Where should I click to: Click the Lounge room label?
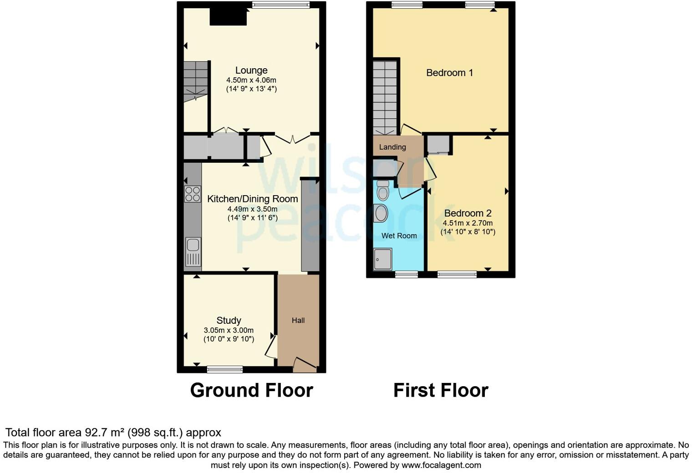(x=251, y=70)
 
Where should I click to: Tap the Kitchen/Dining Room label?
(x=252, y=199)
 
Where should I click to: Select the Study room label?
(x=229, y=320)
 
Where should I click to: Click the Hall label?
(x=298, y=320)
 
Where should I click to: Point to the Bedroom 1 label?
(x=449, y=73)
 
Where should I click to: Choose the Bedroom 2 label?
(x=468, y=213)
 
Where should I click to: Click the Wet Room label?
(x=399, y=236)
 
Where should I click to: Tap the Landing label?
(x=392, y=147)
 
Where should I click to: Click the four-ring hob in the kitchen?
(x=193, y=194)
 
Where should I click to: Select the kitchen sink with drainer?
(x=193, y=252)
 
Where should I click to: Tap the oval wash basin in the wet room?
(x=381, y=213)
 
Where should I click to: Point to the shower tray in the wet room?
(x=382, y=259)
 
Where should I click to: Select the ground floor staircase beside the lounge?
(x=195, y=82)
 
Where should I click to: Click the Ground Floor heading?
(x=251, y=390)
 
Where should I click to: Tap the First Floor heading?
(x=440, y=390)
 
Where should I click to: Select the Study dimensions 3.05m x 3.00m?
(x=229, y=330)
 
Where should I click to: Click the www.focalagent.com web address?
(x=441, y=465)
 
